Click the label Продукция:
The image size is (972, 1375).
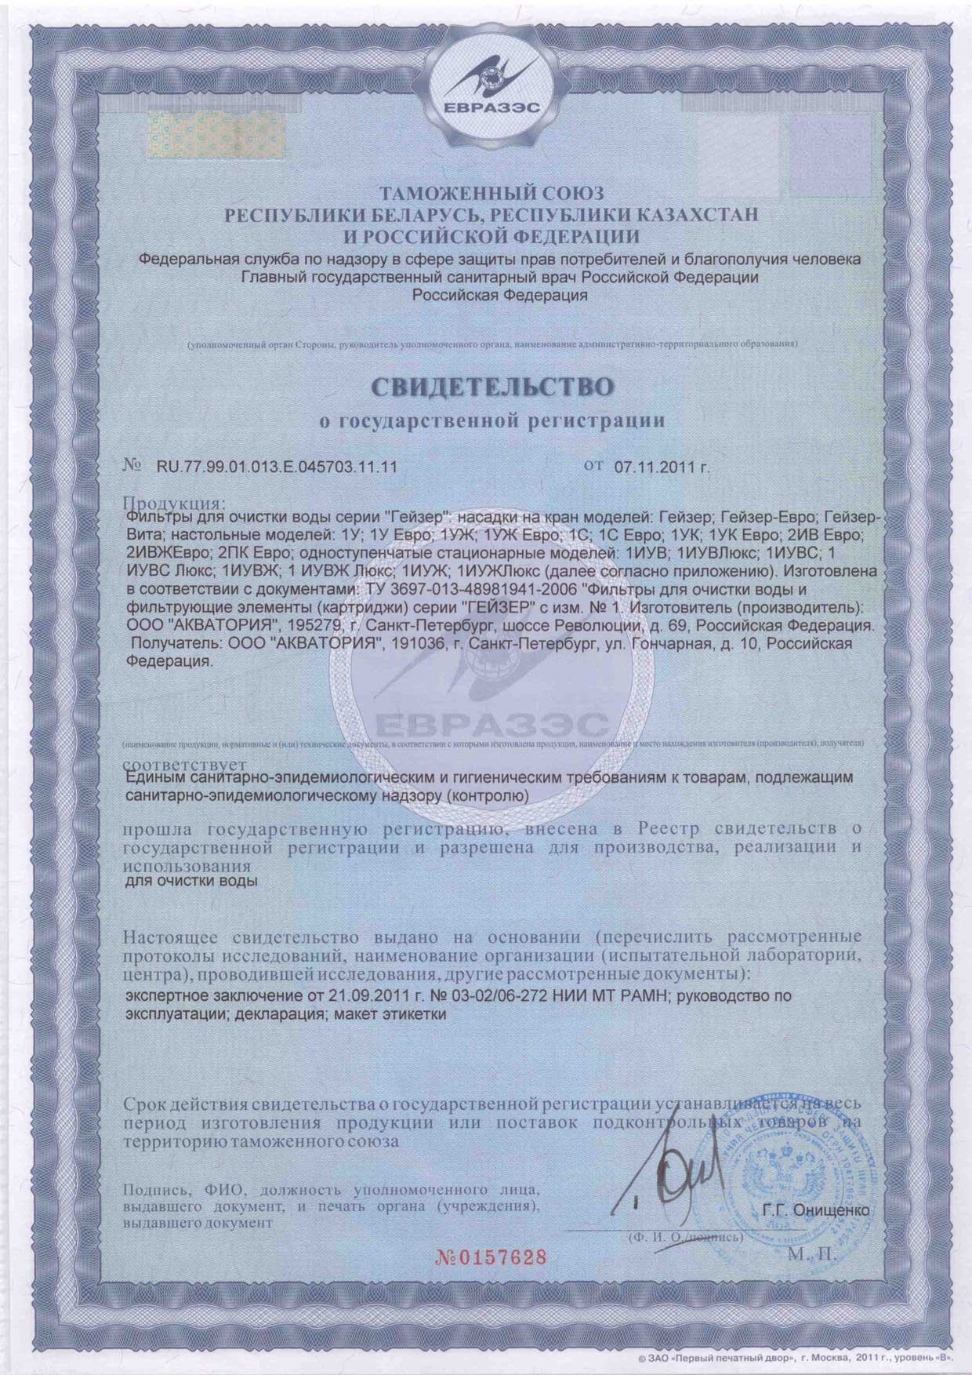coord(175,501)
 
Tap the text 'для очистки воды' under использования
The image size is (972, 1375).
coord(191,882)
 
